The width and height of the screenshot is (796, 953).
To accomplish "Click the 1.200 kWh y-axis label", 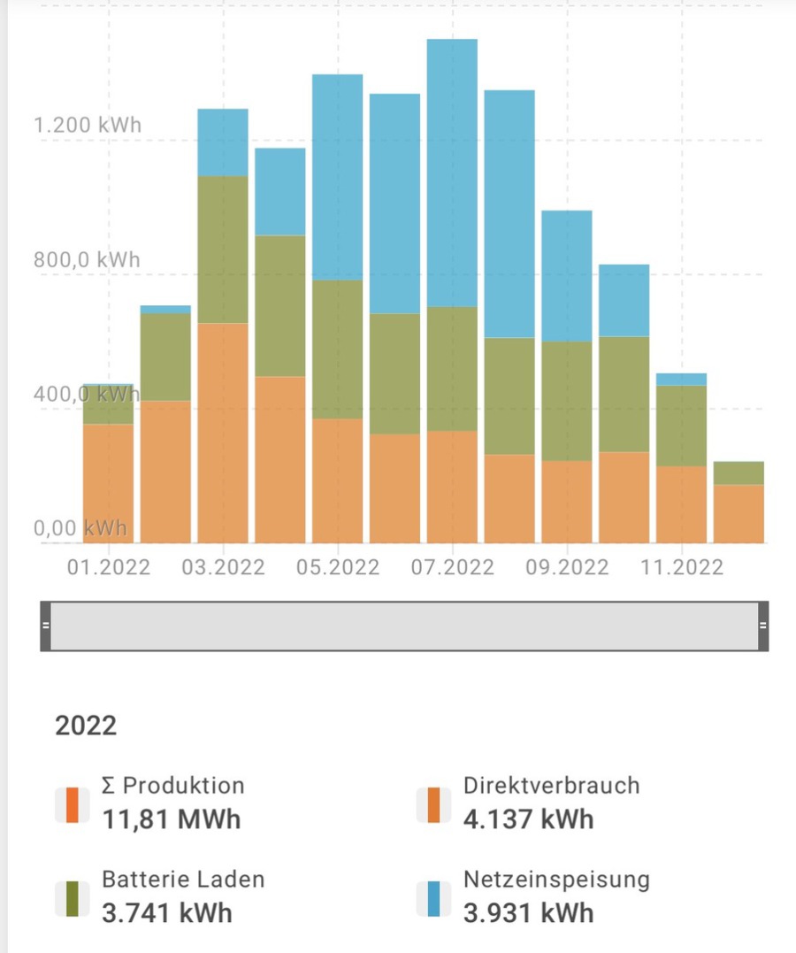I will click(88, 124).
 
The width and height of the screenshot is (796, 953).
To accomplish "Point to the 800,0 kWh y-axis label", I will click(88, 260).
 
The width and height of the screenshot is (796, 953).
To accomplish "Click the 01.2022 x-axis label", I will click(108, 566).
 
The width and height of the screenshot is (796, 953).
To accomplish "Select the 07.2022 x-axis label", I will click(452, 566).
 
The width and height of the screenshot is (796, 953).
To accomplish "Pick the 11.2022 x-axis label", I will click(680, 566).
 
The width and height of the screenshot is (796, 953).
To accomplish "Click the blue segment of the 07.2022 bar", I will click(452, 173).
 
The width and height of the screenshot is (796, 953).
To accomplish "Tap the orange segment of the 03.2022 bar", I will click(223, 434).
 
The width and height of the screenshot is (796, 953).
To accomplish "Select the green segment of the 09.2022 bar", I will click(566, 401).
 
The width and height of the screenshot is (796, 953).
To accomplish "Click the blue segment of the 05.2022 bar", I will click(337, 177).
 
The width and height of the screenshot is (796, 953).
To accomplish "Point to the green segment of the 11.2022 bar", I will click(680, 426).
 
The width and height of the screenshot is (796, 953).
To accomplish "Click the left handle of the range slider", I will click(45, 626).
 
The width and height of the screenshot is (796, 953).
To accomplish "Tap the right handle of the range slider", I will click(762, 626).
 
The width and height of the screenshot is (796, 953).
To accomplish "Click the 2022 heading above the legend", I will click(86, 726).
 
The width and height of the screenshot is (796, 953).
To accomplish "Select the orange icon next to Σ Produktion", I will click(73, 804).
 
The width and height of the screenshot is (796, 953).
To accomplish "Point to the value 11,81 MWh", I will click(171, 819).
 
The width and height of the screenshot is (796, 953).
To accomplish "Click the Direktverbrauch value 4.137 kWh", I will click(528, 819).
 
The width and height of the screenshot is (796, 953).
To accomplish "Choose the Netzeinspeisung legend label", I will click(556, 880).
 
